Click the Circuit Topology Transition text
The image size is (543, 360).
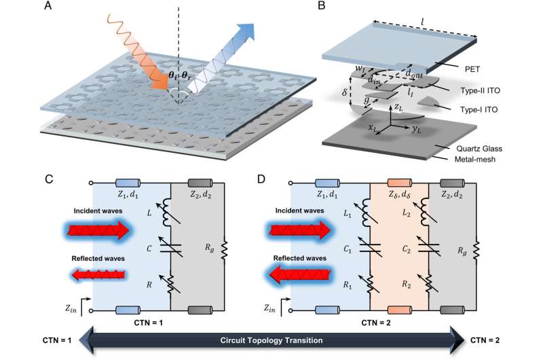[271, 340]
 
